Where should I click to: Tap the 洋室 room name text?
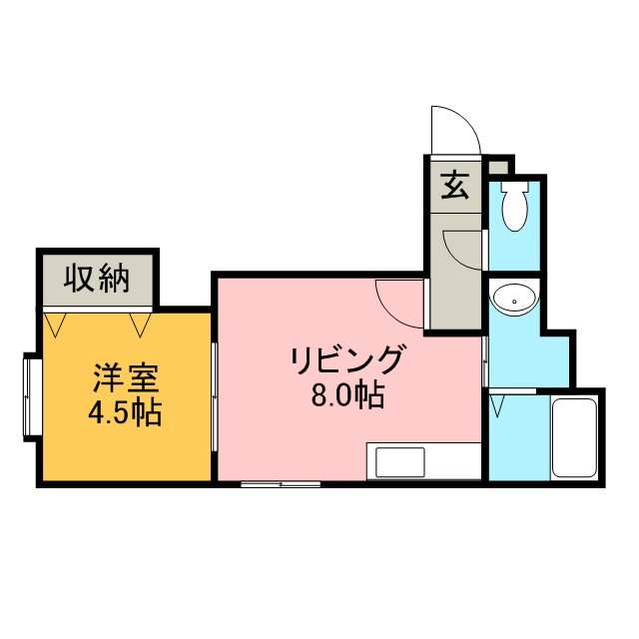pos(126,379)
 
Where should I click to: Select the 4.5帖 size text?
pos(126,411)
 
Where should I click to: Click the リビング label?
pos(347,358)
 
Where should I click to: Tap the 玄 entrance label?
pos(455,186)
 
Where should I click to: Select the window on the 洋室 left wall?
pos(30,396)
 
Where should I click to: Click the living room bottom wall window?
pos(281,485)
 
